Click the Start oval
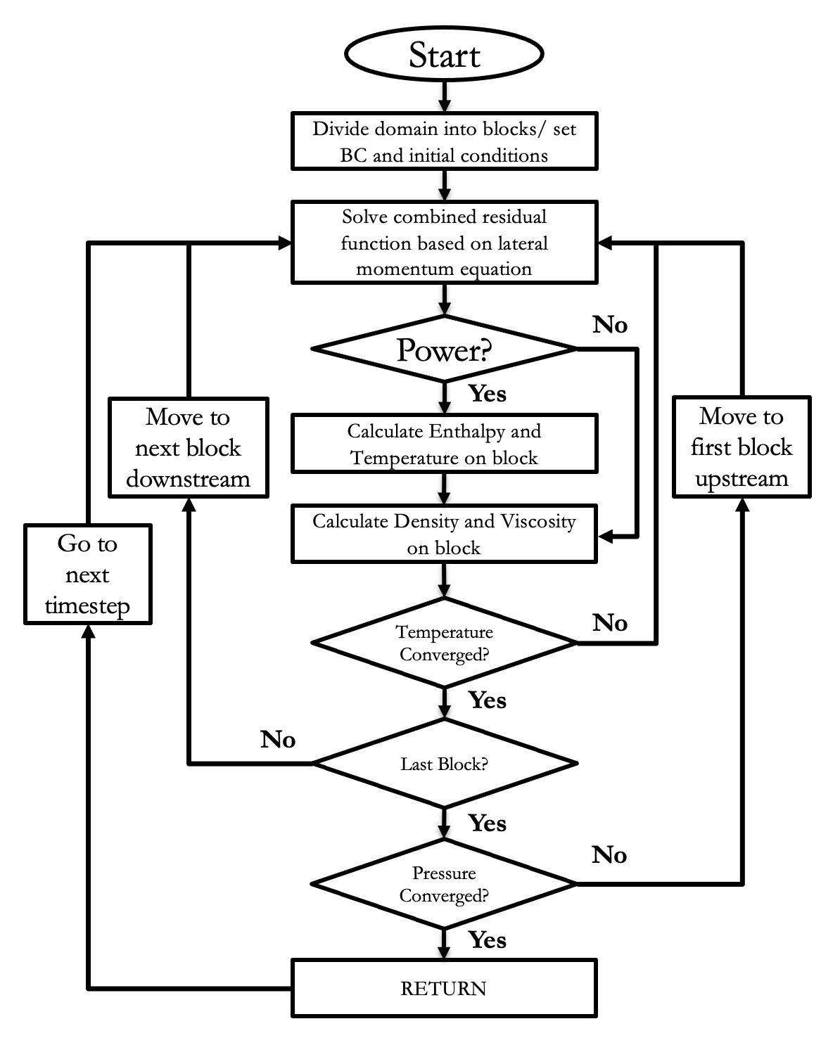point(444,55)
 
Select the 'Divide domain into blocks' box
point(444,141)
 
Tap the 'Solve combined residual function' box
point(444,243)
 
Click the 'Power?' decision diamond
point(444,350)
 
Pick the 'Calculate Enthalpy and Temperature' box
point(444,444)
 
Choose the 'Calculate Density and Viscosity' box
point(444,534)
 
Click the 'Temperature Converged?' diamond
point(444,643)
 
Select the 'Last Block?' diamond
point(444,764)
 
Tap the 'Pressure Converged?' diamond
point(444,884)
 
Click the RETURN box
point(444,988)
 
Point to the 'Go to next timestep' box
point(88,575)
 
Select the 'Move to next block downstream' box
point(188,448)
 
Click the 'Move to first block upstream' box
point(742,447)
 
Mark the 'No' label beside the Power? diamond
point(609,325)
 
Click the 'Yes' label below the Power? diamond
point(487,394)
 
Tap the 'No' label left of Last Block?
point(278,740)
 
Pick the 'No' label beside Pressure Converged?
point(609,855)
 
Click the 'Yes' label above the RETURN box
point(487,940)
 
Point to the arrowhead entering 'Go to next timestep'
point(88,632)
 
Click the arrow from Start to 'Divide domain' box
point(444,96)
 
